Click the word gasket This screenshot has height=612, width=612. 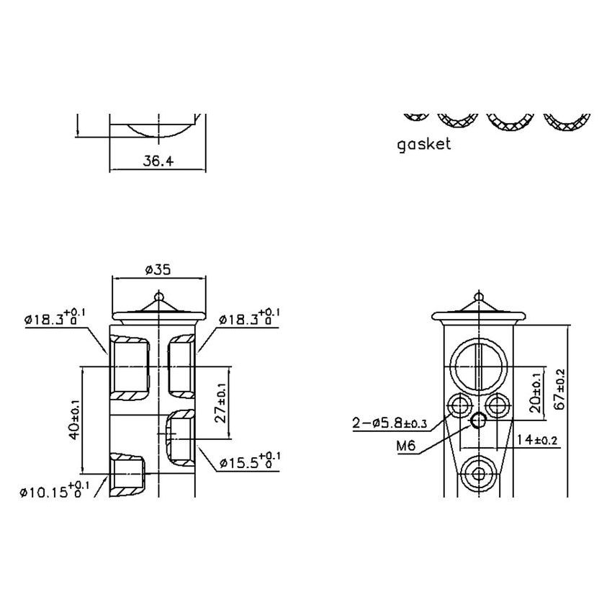[x=424, y=144]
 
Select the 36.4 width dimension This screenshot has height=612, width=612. [x=158, y=162]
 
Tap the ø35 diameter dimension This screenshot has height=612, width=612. [x=158, y=270]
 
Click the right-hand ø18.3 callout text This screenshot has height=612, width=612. [x=249, y=318]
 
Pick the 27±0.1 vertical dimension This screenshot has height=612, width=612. [x=221, y=402]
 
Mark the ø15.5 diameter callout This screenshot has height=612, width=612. [x=248, y=461]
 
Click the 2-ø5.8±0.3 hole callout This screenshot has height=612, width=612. [x=389, y=423]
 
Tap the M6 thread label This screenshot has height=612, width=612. [x=406, y=446]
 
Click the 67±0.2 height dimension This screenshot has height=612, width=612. [x=560, y=387]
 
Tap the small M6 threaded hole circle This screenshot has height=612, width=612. [x=477, y=420]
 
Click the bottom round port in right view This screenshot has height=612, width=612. [x=477, y=474]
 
